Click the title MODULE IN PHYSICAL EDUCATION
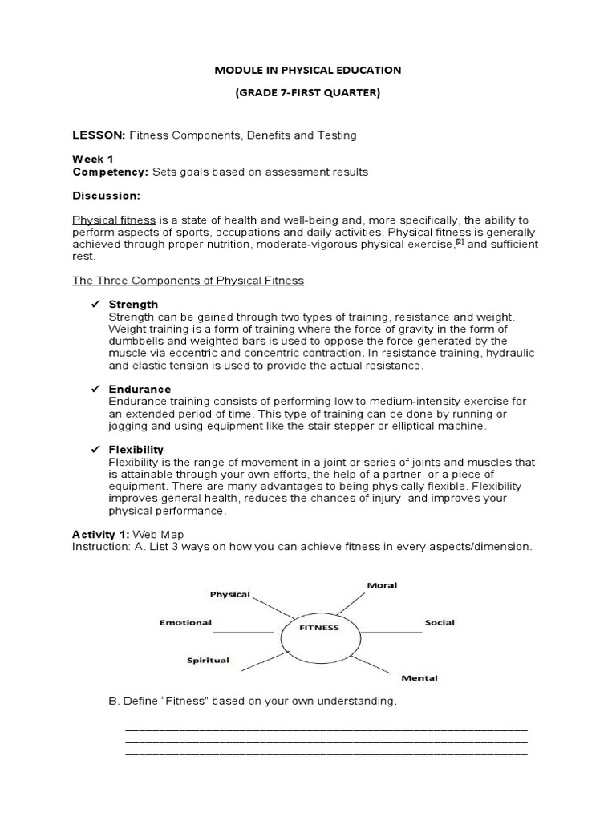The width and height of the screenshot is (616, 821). coord(307,70)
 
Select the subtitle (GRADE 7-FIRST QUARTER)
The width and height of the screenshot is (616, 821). coord(307,92)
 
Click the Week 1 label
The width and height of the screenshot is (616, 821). coord(92,160)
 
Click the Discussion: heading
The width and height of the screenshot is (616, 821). coord(106,196)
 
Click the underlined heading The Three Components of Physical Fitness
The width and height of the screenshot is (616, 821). coord(188,281)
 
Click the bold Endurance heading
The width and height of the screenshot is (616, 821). coord(140,389)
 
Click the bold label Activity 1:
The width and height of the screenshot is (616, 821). coord(100,534)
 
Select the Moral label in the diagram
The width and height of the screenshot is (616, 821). coord(381,585)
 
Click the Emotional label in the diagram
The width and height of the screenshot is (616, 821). coord(185,622)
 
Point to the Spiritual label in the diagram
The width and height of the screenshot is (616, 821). coord(208,661)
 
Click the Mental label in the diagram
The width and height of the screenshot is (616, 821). coord(419,678)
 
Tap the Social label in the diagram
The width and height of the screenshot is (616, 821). coord(440,623)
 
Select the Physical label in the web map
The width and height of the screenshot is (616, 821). coord(230,595)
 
